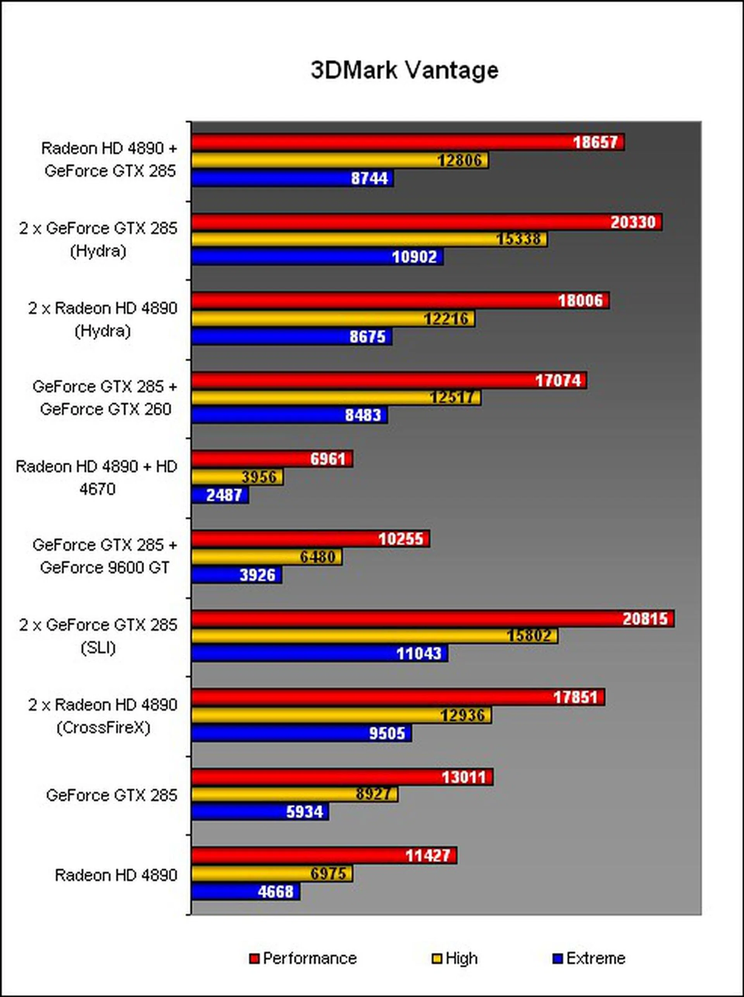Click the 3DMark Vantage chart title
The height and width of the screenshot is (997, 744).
[404, 71]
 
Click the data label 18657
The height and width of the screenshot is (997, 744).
[595, 142]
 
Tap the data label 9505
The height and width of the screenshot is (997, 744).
[387, 733]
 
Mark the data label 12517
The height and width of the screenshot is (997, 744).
[452, 397]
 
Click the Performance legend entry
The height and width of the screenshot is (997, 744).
[309, 958]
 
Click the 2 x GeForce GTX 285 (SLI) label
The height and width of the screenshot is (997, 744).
[98, 636]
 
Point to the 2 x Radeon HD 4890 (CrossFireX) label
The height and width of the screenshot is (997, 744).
[103, 716]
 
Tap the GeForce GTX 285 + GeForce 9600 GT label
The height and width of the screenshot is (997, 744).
[105, 556]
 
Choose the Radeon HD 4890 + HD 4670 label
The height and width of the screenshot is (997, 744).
[97, 477]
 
